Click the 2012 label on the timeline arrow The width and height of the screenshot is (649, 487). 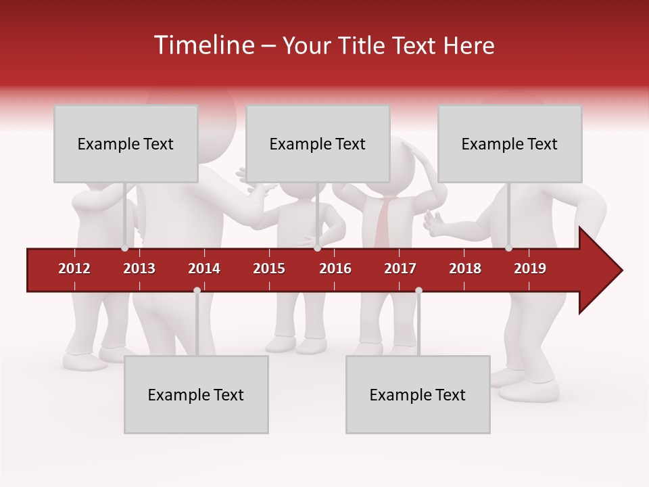pyautogui.click(x=74, y=269)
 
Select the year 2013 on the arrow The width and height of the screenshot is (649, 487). pyautogui.click(x=139, y=269)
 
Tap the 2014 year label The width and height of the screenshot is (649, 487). pyautogui.click(x=204, y=269)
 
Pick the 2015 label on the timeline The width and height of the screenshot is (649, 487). pyautogui.click(x=269, y=269)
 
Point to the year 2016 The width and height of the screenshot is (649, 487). pyautogui.click(x=335, y=269)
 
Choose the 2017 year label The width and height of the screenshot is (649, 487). pyautogui.click(x=400, y=269)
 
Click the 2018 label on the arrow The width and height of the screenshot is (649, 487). pyautogui.click(x=465, y=269)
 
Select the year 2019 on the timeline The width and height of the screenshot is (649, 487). pyautogui.click(x=530, y=269)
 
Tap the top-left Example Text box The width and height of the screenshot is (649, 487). pyautogui.click(x=126, y=144)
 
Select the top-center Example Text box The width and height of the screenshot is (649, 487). pyautogui.click(x=318, y=144)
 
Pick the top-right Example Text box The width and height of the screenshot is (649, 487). pyautogui.click(x=510, y=144)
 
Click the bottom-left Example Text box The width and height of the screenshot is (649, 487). pyautogui.click(x=196, y=395)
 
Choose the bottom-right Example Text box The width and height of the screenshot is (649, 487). pyautogui.click(x=418, y=395)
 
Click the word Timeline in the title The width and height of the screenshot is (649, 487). pyautogui.click(x=203, y=45)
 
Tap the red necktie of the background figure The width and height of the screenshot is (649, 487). pyautogui.click(x=383, y=223)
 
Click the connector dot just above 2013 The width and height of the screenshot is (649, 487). pyautogui.click(x=125, y=248)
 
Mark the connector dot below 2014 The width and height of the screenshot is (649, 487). pyautogui.click(x=197, y=290)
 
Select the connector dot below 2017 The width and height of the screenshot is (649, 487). pyautogui.click(x=418, y=290)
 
